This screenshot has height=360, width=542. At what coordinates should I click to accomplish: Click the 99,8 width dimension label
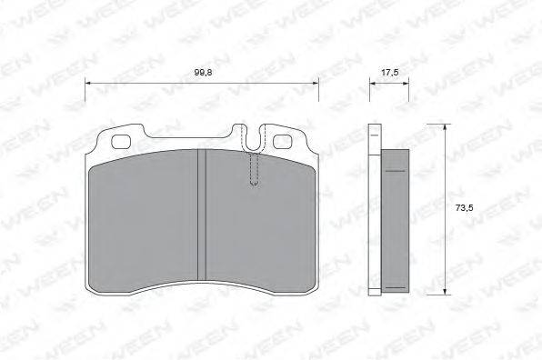click(204, 73)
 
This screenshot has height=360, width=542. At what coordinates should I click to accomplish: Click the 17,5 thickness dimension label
click(389, 73)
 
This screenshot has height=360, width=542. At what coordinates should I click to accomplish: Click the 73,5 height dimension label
click(464, 208)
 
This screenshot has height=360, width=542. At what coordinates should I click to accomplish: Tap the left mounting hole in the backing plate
click(121, 142)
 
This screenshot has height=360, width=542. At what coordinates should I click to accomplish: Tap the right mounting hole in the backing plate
click(283, 142)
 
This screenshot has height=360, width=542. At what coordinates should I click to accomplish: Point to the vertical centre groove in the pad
click(202, 215)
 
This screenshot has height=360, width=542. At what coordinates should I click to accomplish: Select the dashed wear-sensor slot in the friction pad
click(254, 169)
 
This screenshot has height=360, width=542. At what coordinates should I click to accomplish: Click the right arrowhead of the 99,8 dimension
click(316, 83)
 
